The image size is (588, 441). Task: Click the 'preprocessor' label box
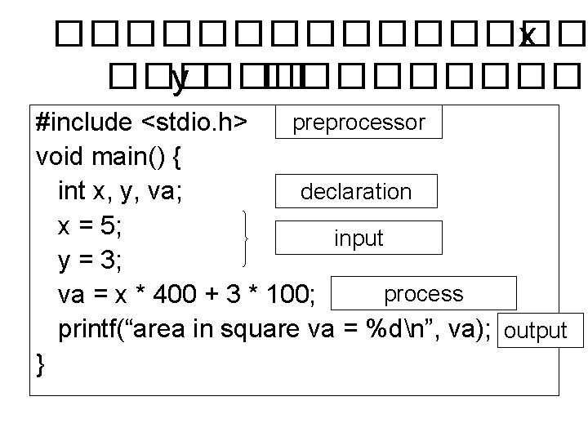click(x=359, y=122)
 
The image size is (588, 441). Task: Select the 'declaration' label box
click(x=356, y=192)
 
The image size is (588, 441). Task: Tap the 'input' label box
click(x=359, y=238)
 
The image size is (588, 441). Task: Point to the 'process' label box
click(x=423, y=294)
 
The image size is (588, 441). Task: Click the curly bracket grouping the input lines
click(x=249, y=238)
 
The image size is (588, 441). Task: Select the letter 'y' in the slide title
click(x=180, y=78)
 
